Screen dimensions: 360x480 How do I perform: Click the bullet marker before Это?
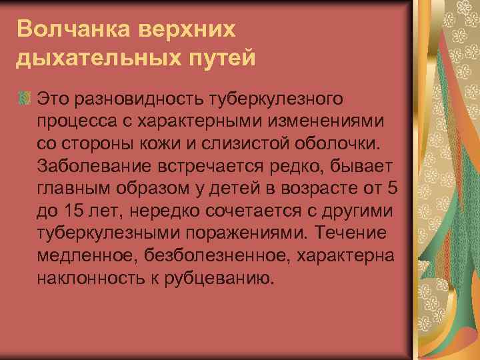point(26,99)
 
